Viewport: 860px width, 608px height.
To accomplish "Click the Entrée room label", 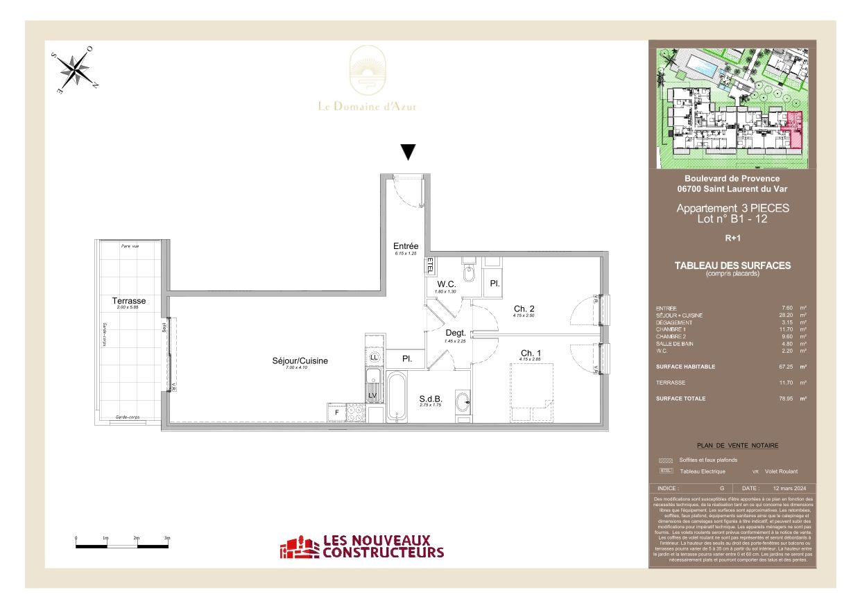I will coord(406,246).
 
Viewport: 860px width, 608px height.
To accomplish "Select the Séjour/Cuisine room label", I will coord(300,361).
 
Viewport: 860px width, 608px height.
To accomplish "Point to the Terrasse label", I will coord(129,301).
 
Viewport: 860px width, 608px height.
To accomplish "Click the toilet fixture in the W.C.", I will coord(469,275).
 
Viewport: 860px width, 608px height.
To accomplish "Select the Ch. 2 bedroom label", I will coord(524,309).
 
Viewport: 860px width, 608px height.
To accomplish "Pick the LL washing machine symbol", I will coord(375,356).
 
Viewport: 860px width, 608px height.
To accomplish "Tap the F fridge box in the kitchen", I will coord(338,412).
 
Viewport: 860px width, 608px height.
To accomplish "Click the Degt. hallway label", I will coord(455,333).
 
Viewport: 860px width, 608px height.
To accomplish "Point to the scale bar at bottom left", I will coord(121,546).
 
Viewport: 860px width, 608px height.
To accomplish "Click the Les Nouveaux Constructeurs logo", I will coord(361,547).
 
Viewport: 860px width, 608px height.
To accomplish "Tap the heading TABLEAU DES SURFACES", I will coord(732,266).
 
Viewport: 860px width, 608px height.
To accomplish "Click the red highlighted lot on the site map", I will coord(793,130).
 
